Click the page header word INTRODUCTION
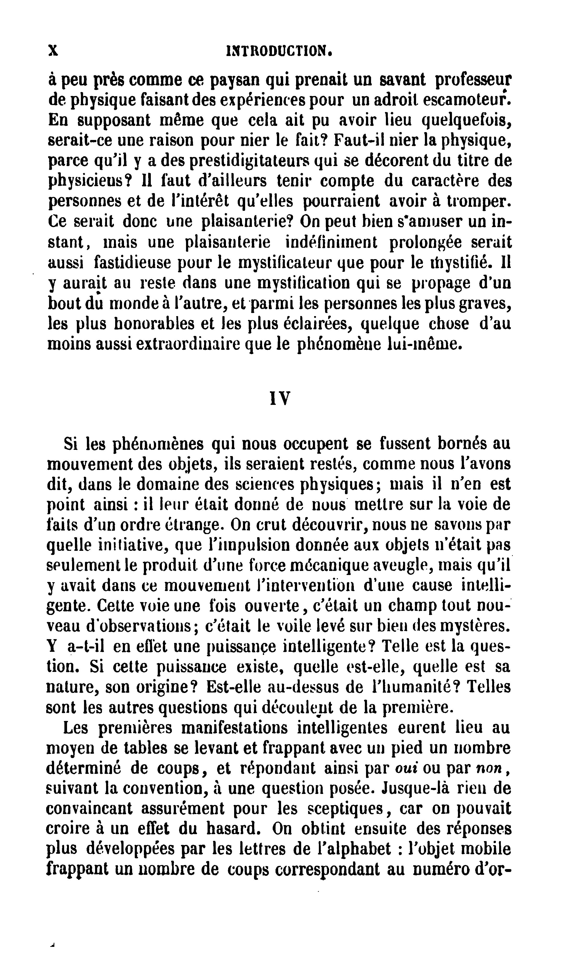tap(279, 51)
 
